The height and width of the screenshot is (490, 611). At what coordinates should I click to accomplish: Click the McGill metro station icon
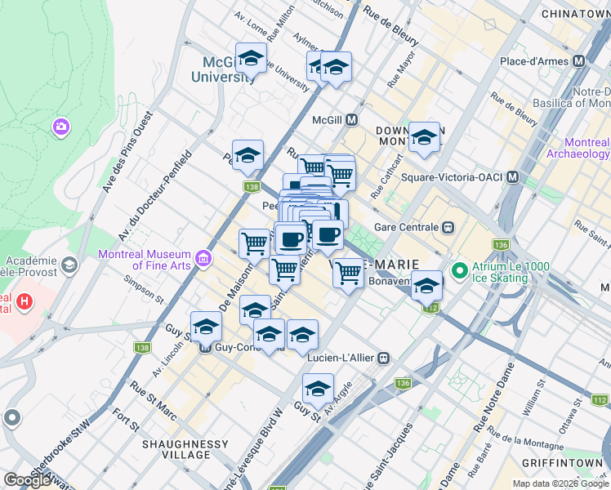tap(352, 119)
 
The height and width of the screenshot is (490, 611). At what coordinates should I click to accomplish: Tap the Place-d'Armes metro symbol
tap(579, 61)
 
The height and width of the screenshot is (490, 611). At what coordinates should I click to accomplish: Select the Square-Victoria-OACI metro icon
tap(513, 176)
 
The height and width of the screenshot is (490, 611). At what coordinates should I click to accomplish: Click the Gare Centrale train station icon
tap(448, 227)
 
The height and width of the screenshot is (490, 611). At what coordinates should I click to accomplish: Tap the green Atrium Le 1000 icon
tap(459, 269)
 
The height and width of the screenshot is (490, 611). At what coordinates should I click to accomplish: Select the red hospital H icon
tap(25, 301)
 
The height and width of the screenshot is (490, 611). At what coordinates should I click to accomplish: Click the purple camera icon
tap(60, 127)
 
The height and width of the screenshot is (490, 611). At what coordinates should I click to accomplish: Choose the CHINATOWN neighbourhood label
tap(575, 15)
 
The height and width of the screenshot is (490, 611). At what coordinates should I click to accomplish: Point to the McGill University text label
tap(223, 70)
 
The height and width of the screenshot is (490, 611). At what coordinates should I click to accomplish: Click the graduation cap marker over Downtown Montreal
tap(424, 138)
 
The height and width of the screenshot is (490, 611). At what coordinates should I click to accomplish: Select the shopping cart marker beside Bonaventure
tap(349, 274)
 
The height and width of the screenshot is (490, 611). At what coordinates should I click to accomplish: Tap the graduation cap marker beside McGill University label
tap(251, 60)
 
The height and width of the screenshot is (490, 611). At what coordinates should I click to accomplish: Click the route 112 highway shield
tap(431, 308)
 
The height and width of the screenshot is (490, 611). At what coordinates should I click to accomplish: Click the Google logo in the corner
tap(28, 479)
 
